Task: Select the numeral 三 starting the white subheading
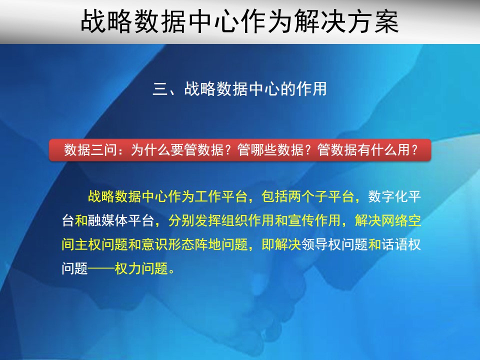[x=160, y=89]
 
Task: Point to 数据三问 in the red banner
[x=90, y=150]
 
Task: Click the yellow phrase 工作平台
[x=220, y=196]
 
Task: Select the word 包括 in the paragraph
[x=274, y=196]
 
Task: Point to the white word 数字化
[x=388, y=196]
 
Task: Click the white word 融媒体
[x=108, y=220]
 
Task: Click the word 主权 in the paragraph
[x=88, y=244]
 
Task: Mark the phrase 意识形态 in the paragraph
[x=168, y=244]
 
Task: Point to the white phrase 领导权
[x=321, y=244]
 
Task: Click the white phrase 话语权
[x=401, y=244]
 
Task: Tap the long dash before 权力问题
[x=101, y=269]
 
